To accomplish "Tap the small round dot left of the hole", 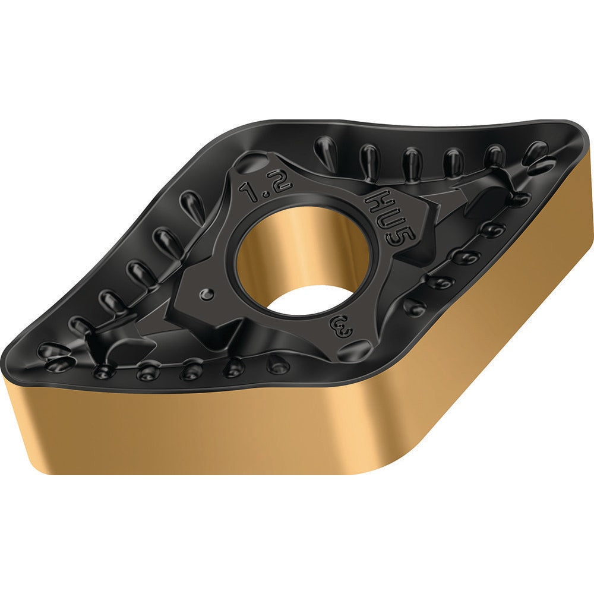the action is [207, 293].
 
